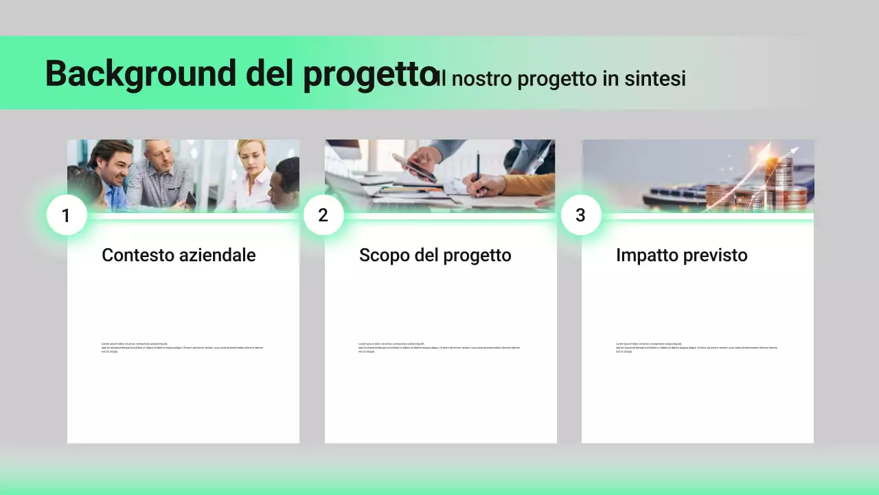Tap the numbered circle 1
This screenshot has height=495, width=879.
point(66,215)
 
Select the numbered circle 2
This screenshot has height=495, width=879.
point(323,215)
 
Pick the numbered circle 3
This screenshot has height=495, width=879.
point(580,215)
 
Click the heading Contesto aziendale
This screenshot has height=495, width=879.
point(179,255)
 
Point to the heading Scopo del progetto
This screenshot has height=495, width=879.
point(435,255)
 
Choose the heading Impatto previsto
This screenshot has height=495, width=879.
point(681,255)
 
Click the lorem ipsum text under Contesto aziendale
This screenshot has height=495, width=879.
point(182,348)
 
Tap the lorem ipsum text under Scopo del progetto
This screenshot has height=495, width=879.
point(439,348)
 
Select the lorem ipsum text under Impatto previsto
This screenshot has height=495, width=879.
point(696,348)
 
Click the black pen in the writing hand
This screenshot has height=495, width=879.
point(478,165)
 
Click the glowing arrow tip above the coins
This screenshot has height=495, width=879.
point(795,149)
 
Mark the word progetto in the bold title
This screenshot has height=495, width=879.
point(369,74)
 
